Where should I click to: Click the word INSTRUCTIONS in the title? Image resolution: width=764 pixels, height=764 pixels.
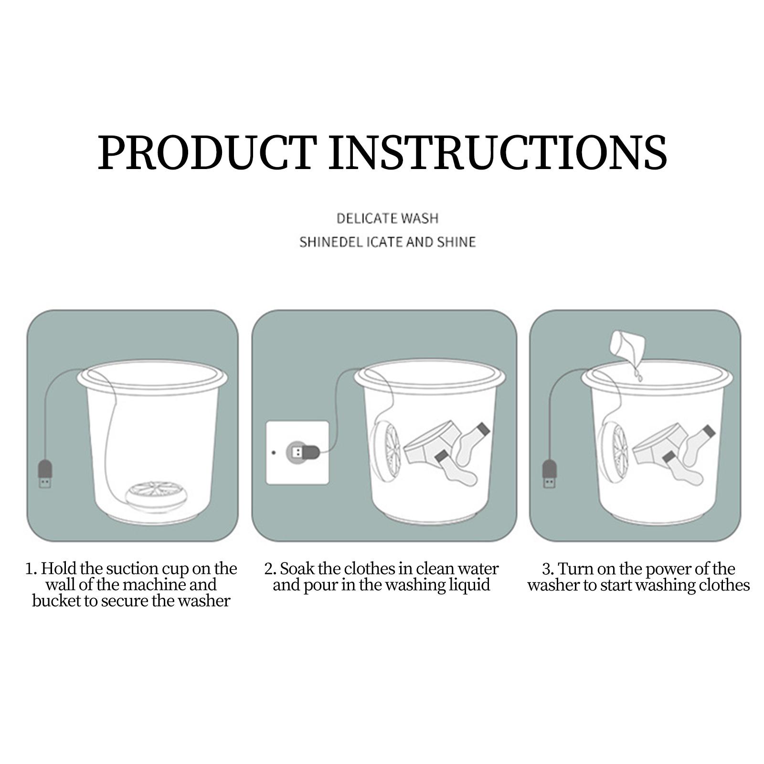[498, 152]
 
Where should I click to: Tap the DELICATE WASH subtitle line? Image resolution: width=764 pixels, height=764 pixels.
[387, 219]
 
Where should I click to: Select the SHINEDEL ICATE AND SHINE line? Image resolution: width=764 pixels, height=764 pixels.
[387, 242]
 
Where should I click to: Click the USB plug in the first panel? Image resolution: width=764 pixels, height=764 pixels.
[45, 474]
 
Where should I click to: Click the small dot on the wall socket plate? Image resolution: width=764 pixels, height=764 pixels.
[274, 452]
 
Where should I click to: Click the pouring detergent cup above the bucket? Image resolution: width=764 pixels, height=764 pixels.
[627, 344]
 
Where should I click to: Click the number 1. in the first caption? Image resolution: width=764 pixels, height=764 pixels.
[31, 569]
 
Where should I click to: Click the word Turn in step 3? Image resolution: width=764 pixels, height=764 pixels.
[575, 569]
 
